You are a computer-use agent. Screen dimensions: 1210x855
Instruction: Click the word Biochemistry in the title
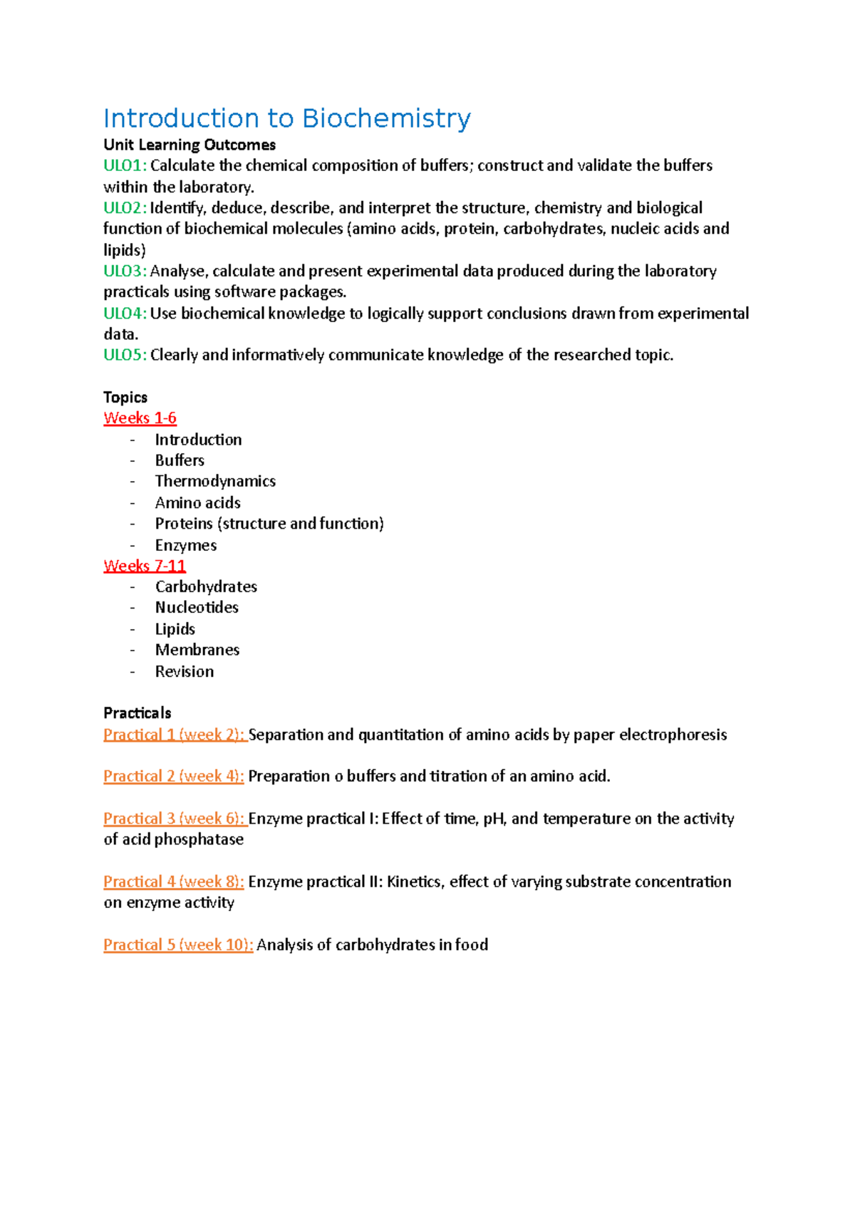point(385,119)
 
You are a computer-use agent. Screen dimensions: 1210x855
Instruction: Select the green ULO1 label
point(125,166)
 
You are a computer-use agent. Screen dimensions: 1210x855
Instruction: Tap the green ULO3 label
point(125,272)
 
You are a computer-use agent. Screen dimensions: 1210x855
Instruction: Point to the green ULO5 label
point(125,356)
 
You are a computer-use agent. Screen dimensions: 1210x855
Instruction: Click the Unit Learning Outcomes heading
point(190,145)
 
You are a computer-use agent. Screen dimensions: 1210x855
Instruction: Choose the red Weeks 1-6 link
point(140,418)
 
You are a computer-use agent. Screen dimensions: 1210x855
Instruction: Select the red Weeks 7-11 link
point(145,566)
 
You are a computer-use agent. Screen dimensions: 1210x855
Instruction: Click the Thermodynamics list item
point(215,482)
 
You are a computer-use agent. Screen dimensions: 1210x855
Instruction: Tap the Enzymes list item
point(186,545)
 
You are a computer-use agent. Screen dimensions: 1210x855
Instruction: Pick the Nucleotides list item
point(197,608)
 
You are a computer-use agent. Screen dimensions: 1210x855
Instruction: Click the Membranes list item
point(197,650)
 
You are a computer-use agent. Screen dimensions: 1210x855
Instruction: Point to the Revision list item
point(185,671)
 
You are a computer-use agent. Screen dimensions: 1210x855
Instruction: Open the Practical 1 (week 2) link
point(175,735)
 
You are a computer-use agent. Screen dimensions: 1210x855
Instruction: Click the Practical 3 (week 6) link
point(175,819)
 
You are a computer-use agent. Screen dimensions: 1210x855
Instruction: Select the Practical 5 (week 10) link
point(178,945)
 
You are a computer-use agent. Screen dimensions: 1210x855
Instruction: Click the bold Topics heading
point(125,398)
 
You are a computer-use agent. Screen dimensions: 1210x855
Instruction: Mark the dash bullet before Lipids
point(133,629)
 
